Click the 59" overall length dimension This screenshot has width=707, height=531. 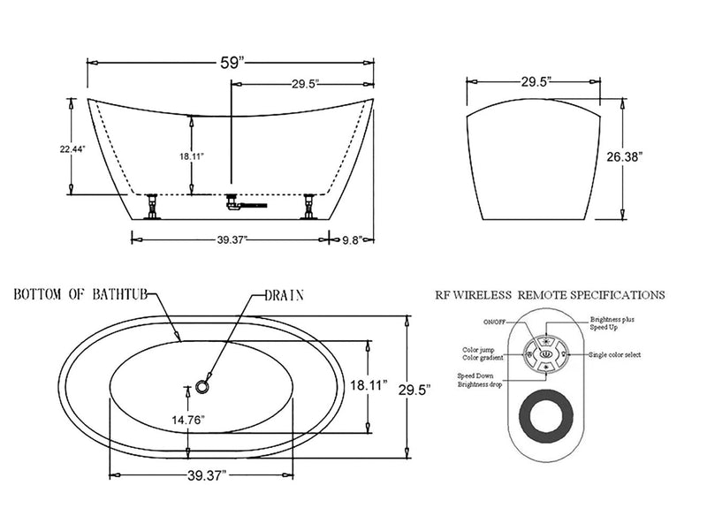click(228, 63)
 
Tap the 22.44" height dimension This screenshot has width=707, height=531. click(72, 149)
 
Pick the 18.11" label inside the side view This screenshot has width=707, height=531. click(192, 156)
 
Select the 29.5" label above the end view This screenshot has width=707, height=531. click(536, 81)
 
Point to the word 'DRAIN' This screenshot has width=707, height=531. click(285, 295)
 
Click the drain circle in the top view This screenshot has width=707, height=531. click(204, 386)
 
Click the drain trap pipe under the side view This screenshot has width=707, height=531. click(242, 204)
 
